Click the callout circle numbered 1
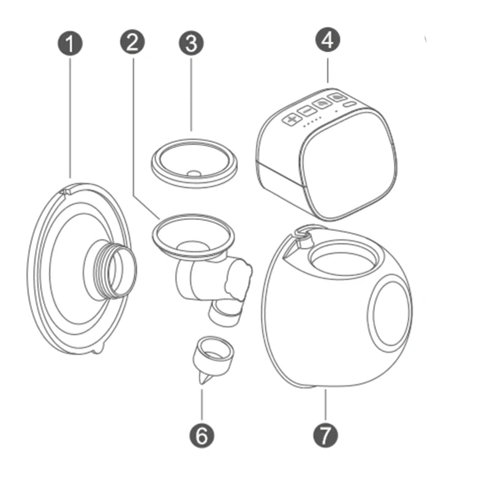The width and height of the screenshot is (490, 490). [72, 45]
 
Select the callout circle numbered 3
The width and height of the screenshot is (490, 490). [191, 45]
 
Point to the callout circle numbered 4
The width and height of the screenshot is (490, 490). [327, 41]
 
